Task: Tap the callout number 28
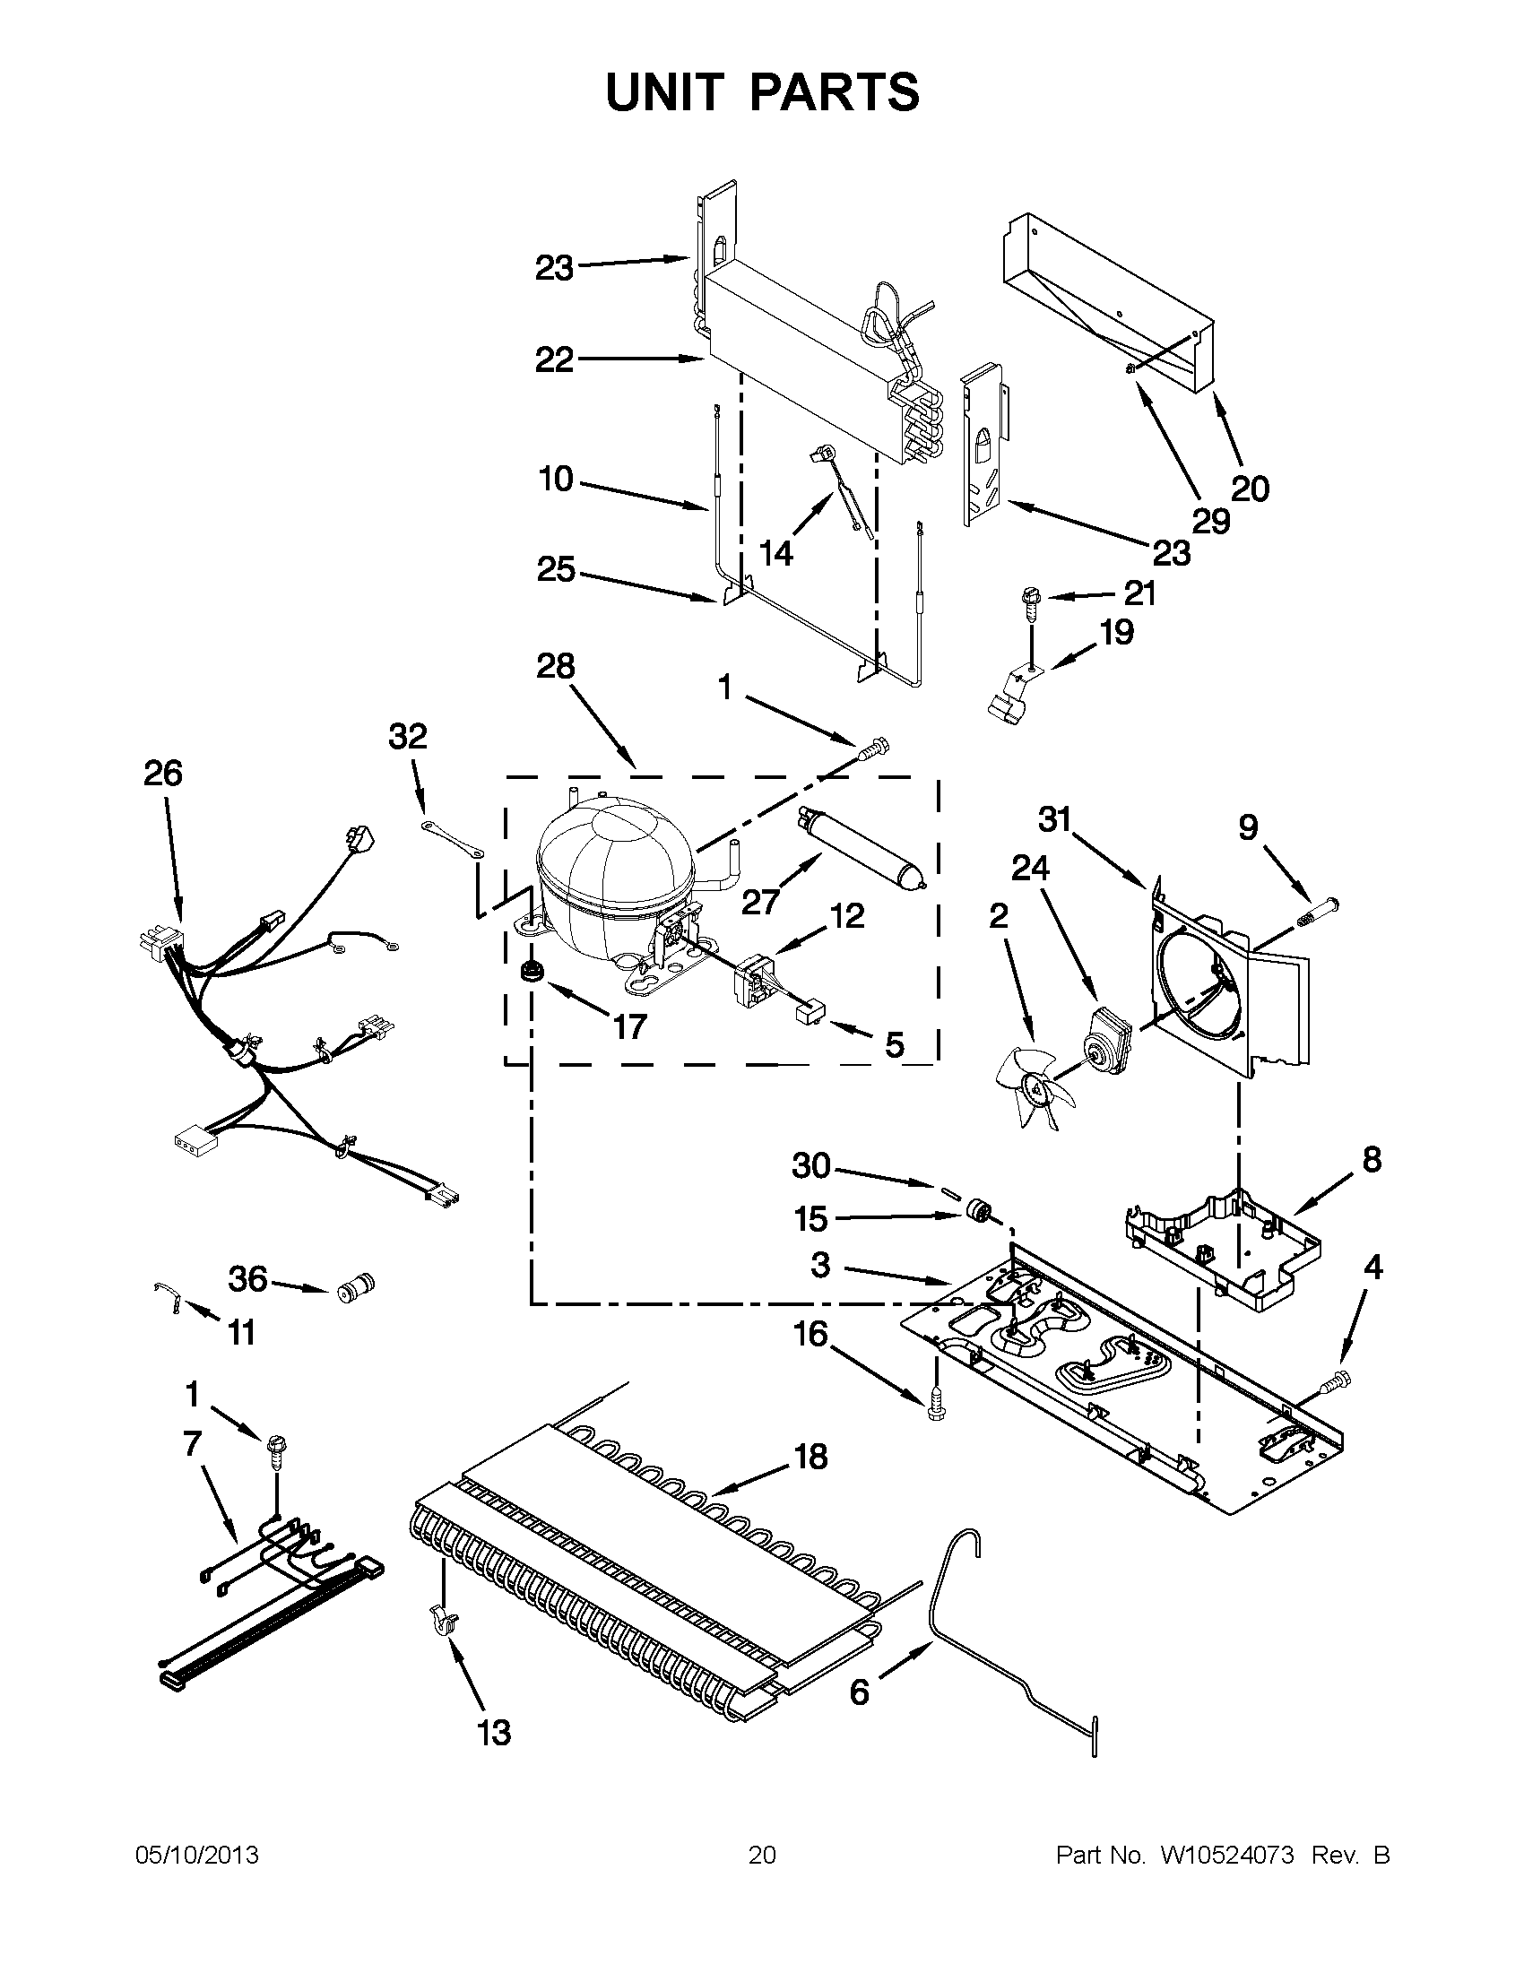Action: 555,667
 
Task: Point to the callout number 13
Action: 494,1734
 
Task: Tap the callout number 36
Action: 248,1279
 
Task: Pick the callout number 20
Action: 1251,489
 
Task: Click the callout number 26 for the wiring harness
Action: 162,774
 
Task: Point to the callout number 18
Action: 811,1457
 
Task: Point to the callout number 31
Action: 1054,819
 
